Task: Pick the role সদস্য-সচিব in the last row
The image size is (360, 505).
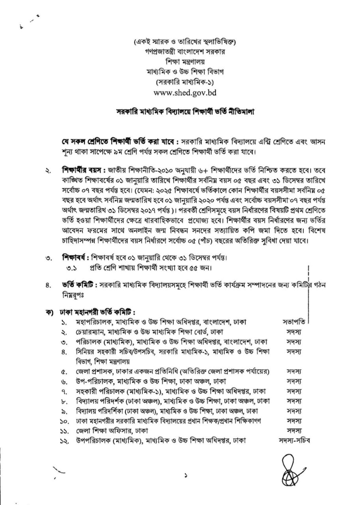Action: click(x=294, y=440)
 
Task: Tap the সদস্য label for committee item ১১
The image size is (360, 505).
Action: click(x=294, y=430)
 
